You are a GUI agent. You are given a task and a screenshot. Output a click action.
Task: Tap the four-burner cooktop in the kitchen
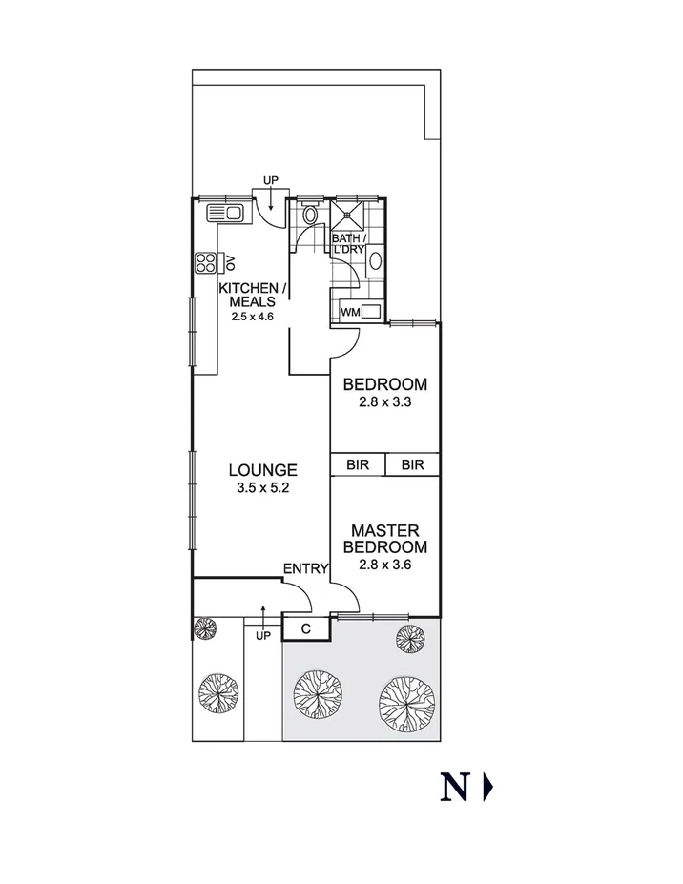coord(205,262)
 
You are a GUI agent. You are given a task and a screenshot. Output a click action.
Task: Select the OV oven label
coord(228,261)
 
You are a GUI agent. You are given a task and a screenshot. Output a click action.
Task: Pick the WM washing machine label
coord(349,311)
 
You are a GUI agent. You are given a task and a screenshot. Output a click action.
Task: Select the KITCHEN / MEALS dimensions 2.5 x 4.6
coord(252,316)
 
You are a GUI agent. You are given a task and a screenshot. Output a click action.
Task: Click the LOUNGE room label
coord(262,470)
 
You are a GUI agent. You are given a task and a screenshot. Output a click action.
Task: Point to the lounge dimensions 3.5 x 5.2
coord(262,487)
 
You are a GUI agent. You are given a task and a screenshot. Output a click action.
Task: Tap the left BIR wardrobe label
coord(358,464)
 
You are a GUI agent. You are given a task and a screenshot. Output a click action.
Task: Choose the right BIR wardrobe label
coord(412,464)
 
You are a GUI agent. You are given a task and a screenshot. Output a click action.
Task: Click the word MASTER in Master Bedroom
coord(386,530)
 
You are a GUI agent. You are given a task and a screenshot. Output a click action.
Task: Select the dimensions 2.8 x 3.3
coord(385,402)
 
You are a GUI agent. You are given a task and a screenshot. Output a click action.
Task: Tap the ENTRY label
coord(305,569)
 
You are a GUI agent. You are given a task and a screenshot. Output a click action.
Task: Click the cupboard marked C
coord(306,629)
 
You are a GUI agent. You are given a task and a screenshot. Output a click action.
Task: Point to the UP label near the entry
coord(263,635)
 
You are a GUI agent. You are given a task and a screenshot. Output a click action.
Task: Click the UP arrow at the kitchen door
coord(271,198)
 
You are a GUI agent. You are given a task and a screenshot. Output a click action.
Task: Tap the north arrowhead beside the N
coord(488,788)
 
